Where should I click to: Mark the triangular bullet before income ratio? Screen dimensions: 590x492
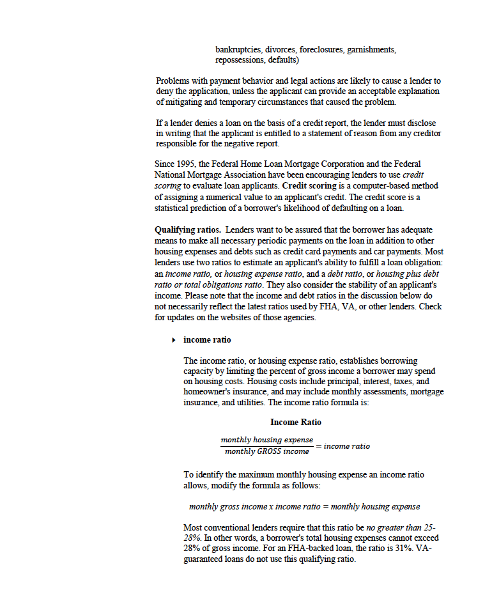coord(174,340)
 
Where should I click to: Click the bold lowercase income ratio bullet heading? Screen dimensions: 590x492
coord(208,339)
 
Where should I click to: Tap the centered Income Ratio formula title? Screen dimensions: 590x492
coord(296,423)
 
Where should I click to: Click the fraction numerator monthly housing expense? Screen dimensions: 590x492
coord(267,440)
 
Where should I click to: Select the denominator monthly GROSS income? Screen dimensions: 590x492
coord(266,451)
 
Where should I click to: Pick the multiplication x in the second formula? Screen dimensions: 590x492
coord(272,506)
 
